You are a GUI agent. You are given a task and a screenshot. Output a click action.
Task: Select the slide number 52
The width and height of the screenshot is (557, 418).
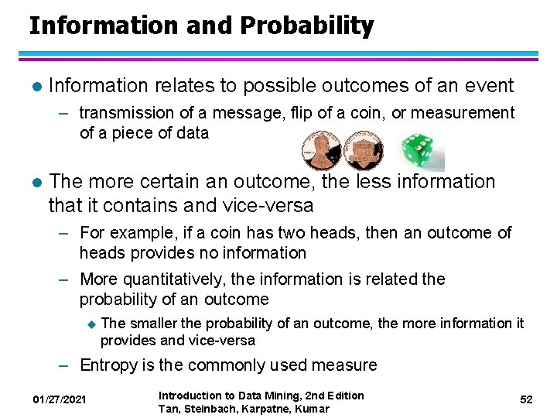[526, 399]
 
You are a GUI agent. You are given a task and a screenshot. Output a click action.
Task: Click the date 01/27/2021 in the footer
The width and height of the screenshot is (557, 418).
[60, 399]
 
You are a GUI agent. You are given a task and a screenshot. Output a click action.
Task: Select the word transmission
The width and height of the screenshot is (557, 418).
[128, 113]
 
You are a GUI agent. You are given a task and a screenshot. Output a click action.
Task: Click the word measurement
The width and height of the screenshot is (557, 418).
[463, 113]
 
